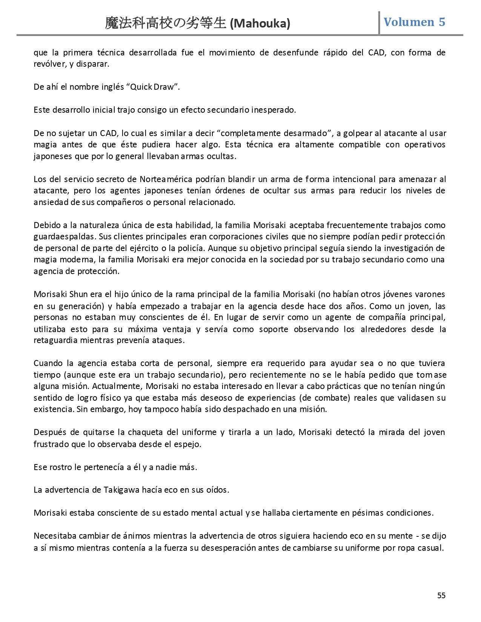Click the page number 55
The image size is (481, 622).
click(x=441, y=595)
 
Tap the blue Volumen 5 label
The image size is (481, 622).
click(x=414, y=22)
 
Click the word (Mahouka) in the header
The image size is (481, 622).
click(x=260, y=23)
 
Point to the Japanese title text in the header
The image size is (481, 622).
click(x=166, y=23)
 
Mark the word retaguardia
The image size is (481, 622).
click(x=56, y=340)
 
